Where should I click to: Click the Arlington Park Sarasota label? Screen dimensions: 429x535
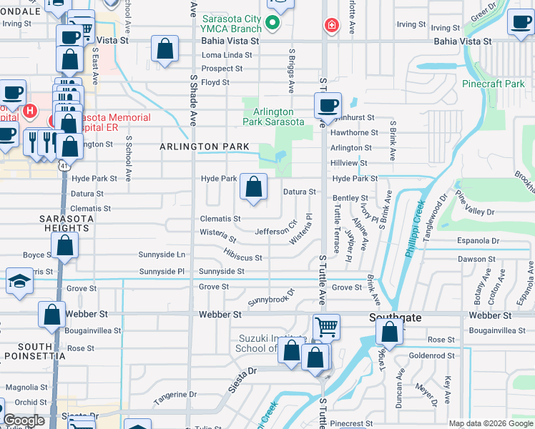[x=273, y=117]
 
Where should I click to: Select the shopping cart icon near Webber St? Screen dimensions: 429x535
[x=326, y=327]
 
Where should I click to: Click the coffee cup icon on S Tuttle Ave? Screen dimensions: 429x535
[x=328, y=106]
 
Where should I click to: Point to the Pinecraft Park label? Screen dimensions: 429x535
[x=494, y=84]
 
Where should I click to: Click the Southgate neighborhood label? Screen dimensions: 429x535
[x=393, y=315]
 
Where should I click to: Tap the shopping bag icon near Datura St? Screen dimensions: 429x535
[x=253, y=187]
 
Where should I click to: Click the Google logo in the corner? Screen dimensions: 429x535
[x=24, y=421]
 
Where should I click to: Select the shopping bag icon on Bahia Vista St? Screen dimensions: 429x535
[x=165, y=50]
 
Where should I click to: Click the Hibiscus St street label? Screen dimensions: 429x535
[x=242, y=255]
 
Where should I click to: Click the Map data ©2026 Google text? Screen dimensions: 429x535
[x=491, y=423]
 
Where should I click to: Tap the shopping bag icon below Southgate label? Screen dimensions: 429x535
[x=389, y=332]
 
